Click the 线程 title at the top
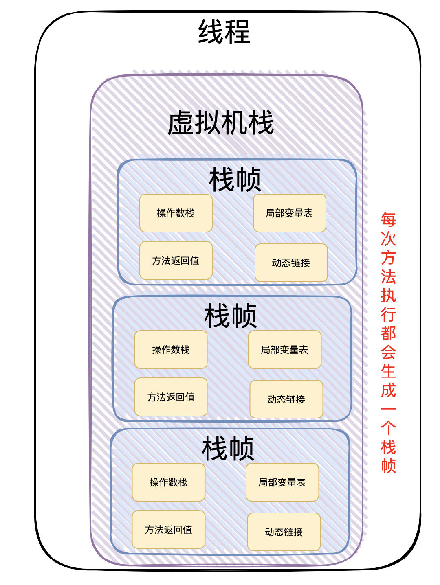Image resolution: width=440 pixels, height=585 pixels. point(224,32)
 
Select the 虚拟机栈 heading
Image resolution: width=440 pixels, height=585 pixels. point(220,123)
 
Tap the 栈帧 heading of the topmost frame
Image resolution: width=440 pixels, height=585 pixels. point(235,180)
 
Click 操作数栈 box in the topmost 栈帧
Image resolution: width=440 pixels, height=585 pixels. point(176,213)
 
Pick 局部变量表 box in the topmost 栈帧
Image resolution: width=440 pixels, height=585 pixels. point(289,213)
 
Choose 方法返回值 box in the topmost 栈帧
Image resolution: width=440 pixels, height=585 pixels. point(176,261)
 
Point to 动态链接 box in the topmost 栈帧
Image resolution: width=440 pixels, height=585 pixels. point(291,263)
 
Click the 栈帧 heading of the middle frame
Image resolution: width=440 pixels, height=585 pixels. point(230,316)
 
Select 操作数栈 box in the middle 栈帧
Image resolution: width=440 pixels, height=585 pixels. point(171,350)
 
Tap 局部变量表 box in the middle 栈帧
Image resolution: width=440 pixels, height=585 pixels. point(284,350)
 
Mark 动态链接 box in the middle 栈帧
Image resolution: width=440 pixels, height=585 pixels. point(286,399)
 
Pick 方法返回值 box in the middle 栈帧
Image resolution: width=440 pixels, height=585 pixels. point(171,397)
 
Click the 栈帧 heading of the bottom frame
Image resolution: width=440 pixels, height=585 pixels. point(228,449)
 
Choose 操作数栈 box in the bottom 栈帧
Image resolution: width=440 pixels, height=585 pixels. point(168,482)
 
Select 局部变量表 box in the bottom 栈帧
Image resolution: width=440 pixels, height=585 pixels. point(282,482)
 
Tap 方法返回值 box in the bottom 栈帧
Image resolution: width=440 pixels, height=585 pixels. point(168,530)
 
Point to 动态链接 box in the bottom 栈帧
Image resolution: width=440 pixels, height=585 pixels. point(284,532)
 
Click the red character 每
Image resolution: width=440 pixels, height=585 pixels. point(388,220)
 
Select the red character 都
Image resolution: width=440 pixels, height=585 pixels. point(388,333)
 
